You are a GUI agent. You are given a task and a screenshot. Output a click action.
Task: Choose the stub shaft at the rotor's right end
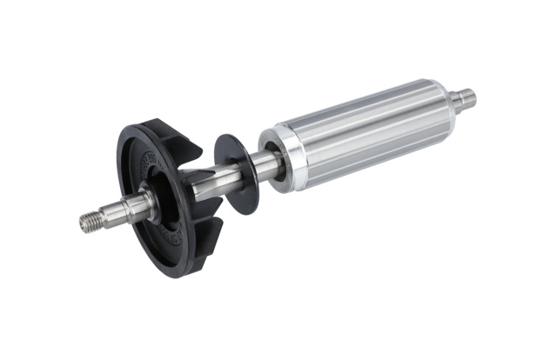[x=464, y=97]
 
